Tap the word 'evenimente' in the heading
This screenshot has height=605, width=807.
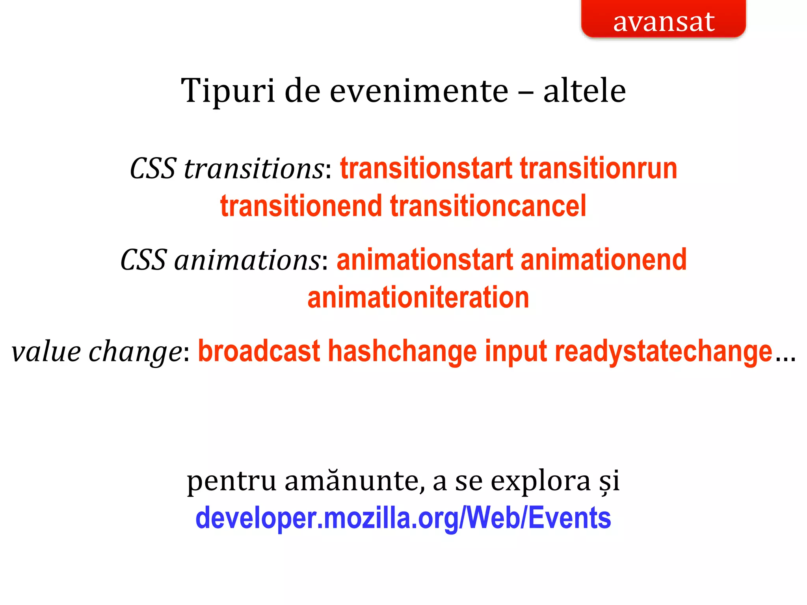419,91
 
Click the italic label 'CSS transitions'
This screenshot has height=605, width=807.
227,169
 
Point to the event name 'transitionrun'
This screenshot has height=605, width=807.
598,169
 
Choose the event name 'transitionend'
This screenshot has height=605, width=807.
301,206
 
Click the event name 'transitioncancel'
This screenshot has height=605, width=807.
488,206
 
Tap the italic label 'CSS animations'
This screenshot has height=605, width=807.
220,260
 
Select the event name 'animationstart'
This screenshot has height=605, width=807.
425,260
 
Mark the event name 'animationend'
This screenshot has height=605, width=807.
603,260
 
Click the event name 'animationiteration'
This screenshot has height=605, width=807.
418,298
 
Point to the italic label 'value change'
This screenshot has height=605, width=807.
96,352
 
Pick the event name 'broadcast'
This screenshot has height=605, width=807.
259,352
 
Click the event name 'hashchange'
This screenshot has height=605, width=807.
402,352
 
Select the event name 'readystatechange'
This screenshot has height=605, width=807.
663,352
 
